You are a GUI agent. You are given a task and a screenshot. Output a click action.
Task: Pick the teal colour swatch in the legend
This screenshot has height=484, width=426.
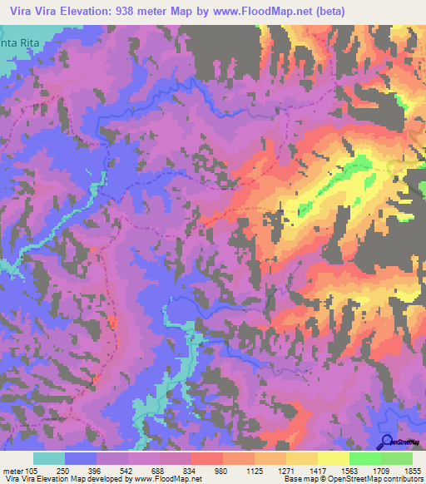tap(49, 458)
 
